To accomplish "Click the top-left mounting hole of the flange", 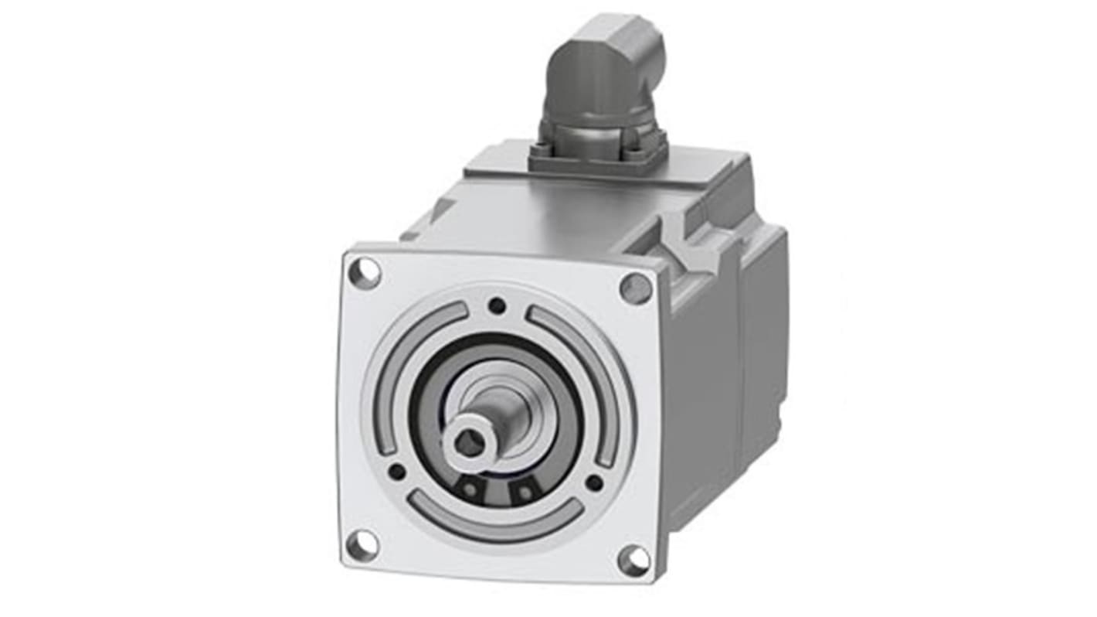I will (364, 273).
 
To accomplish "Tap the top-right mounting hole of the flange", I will (635, 288).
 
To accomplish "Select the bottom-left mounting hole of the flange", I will (362, 546).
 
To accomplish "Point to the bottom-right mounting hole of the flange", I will (633, 560).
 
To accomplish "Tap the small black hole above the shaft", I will (498, 305).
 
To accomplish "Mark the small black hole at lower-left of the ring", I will (396, 471).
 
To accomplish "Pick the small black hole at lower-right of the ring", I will (593, 482).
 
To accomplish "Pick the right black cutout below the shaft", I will (525, 491).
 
